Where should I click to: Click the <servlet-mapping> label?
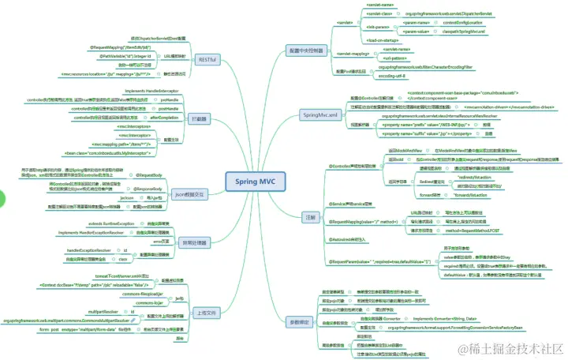[x=353, y=54]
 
